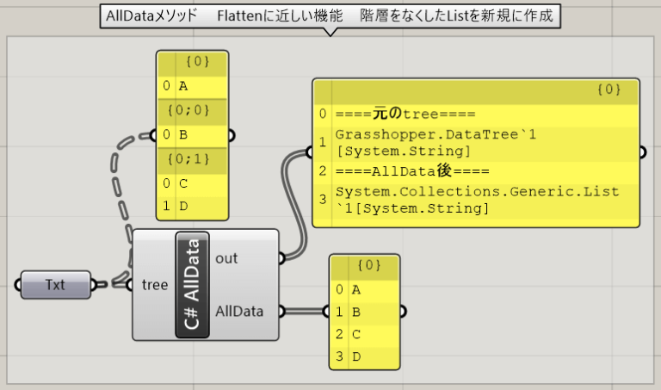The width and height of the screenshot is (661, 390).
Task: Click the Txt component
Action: (x=55, y=284)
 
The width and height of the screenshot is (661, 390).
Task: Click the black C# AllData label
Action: (x=192, y=284)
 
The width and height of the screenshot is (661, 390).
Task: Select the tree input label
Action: (x=155, y=285)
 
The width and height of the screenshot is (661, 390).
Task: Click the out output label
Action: (x=226, y=257)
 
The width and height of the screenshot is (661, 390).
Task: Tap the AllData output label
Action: (x=239, y=312)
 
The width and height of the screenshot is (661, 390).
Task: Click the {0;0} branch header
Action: (x=192, y=110)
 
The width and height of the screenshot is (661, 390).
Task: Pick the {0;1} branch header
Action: (x=192, y=159)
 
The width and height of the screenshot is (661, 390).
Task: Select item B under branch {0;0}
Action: (x=183, y=135)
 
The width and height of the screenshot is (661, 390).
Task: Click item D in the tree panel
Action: (x=183, y=207)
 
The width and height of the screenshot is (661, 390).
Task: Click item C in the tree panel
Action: (x=183, y=183)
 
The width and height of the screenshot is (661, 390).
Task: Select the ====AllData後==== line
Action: (x=401, y=170)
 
